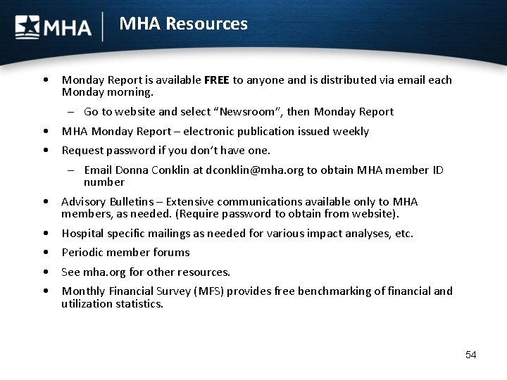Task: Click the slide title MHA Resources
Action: pyautogui.click(x=183, y=24)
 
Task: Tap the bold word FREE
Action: pyautogui.click(x=217, y=80)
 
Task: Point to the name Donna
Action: pyautogui.click(x=130, y=170)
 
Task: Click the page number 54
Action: pyautogui.click(x=471, y=355)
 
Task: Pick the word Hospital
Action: pyautogui.click(x=83, y=234)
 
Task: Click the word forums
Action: pyautogui.click(x=173, y=253)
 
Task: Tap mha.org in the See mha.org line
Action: pyautogui.click(x=103, y=272)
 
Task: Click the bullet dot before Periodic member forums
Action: pyautogui.click(x=45, y=253)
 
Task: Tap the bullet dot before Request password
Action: pyautogui.click(x=45, y=151)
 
